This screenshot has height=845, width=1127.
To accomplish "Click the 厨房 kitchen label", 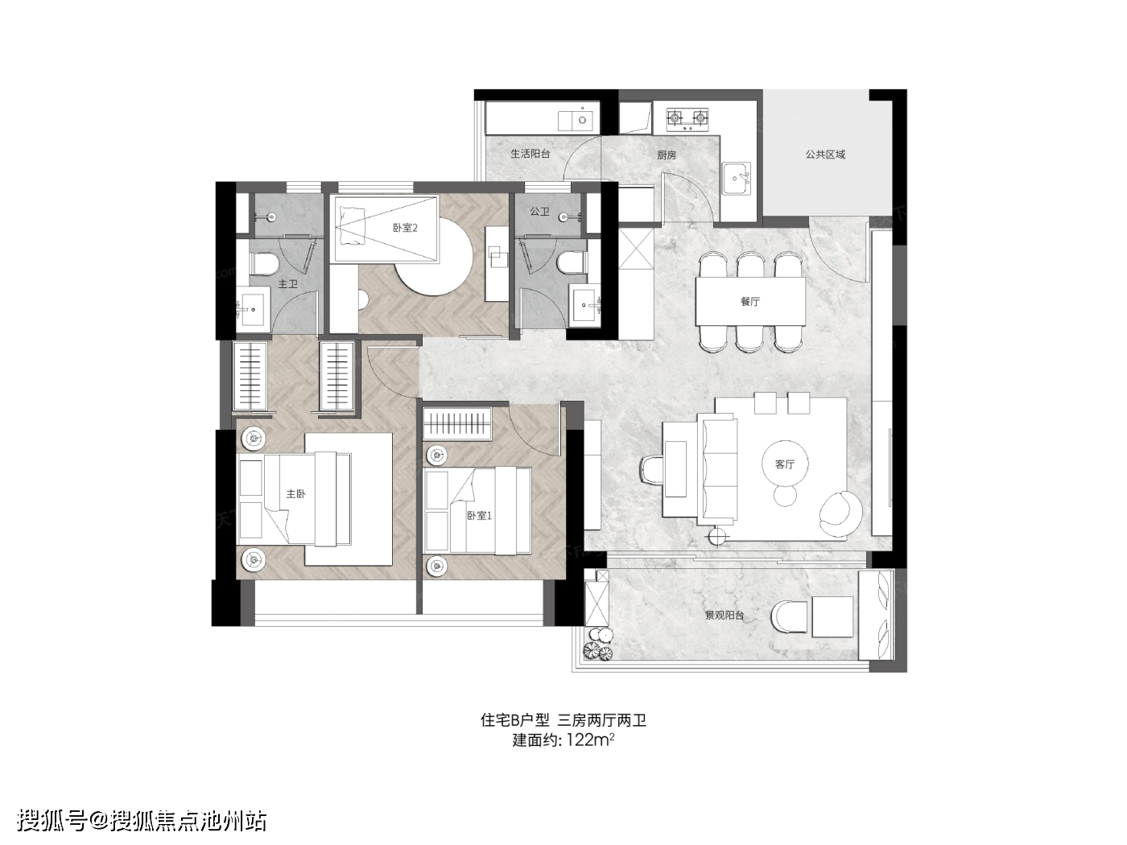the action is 667,155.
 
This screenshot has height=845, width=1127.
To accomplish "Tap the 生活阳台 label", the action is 530,154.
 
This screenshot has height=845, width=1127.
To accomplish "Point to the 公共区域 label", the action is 825,154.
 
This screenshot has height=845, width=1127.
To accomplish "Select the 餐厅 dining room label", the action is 750,301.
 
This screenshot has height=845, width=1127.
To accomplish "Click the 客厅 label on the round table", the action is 785,464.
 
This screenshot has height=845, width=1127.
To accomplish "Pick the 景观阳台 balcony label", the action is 724,615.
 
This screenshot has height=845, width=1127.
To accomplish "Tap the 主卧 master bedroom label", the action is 295,493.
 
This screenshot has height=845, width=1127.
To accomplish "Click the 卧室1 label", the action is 480,516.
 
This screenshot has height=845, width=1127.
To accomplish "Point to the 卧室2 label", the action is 405,227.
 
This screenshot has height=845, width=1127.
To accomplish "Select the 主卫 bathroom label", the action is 287,284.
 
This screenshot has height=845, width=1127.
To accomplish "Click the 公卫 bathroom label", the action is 539,211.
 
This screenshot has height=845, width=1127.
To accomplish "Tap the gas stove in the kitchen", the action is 687,118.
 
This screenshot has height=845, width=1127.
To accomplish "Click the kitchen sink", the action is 737,179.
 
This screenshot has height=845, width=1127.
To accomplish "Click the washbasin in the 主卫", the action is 253,309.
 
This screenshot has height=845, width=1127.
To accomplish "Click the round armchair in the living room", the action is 840,513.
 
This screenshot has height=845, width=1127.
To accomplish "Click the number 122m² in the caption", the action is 590,740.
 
